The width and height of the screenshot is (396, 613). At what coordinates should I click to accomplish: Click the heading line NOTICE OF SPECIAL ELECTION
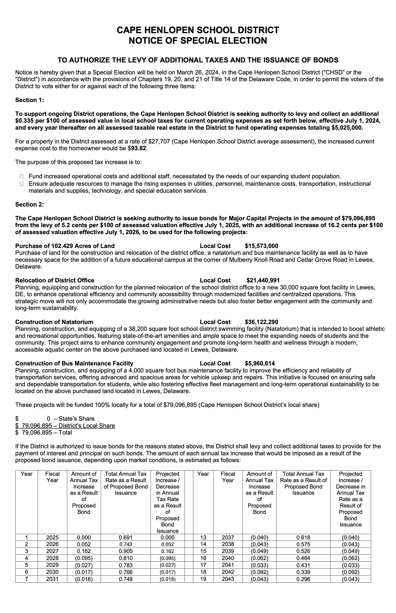198,41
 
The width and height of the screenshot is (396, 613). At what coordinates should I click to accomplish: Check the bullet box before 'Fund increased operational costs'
21,176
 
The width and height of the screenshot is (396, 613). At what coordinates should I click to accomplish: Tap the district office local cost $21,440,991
263,280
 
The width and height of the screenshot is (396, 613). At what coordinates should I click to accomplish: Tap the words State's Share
76,419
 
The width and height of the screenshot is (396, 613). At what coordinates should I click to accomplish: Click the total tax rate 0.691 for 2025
126,537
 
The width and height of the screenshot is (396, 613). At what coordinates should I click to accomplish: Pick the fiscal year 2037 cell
228,537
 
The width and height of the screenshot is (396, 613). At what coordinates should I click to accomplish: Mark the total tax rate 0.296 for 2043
303,579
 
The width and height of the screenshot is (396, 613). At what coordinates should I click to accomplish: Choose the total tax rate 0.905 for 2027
126,551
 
